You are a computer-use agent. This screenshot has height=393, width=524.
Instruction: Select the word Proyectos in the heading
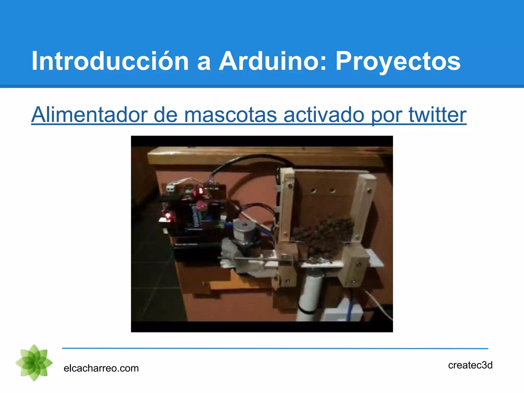click(398, 61)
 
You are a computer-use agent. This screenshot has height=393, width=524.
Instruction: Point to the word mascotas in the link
click(230, 115)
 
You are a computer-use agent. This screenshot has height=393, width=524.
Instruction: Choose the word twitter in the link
click(438, 114)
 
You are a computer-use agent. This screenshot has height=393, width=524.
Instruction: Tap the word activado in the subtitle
click(324, 114)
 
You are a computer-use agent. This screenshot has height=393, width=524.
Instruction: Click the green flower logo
click(34, 363)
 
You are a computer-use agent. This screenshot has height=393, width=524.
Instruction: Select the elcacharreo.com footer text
click(101, 368)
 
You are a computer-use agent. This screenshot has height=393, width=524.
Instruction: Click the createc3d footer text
click(470, 365)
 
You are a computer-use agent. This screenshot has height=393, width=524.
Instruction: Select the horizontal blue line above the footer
click(275, 348)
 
